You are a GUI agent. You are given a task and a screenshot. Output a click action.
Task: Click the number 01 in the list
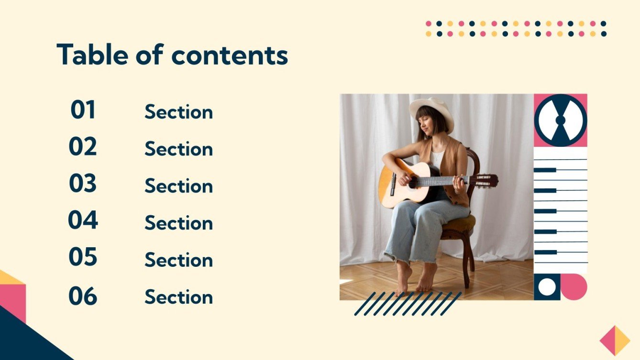(83, 110)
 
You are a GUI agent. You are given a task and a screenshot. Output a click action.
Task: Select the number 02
(83, 147)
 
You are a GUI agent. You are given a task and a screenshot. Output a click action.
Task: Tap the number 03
(83, 184)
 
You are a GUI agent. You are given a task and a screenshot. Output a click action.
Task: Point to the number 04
(83, 220)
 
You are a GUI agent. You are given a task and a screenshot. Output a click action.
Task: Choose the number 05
(83, 257)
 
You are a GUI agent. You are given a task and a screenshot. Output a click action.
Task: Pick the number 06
(83, 296)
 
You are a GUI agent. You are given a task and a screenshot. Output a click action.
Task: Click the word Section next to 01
(178, 112)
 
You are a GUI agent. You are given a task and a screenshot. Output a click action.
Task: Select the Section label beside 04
(178, 223)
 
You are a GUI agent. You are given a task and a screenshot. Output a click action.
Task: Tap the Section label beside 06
(178, 297)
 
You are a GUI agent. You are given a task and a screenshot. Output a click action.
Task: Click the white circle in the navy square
(547, 287)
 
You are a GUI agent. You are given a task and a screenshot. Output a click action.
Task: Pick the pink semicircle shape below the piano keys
(575, 287)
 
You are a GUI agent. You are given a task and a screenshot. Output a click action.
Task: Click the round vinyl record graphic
(560, 120)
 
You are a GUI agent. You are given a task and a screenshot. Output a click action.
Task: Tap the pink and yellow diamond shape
(615, 340)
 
